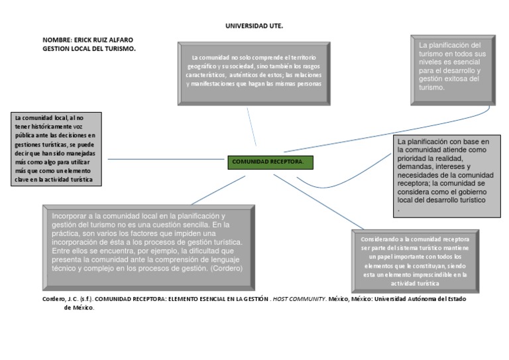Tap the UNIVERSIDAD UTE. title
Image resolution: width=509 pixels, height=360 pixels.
[254, 26]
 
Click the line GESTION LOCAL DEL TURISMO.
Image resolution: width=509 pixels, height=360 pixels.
[89, 48]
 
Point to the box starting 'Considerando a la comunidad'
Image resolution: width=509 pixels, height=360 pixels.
[415, 259]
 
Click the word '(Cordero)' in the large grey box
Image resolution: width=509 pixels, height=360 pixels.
[227, 269]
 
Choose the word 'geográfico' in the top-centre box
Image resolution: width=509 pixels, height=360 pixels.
[207, 67]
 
